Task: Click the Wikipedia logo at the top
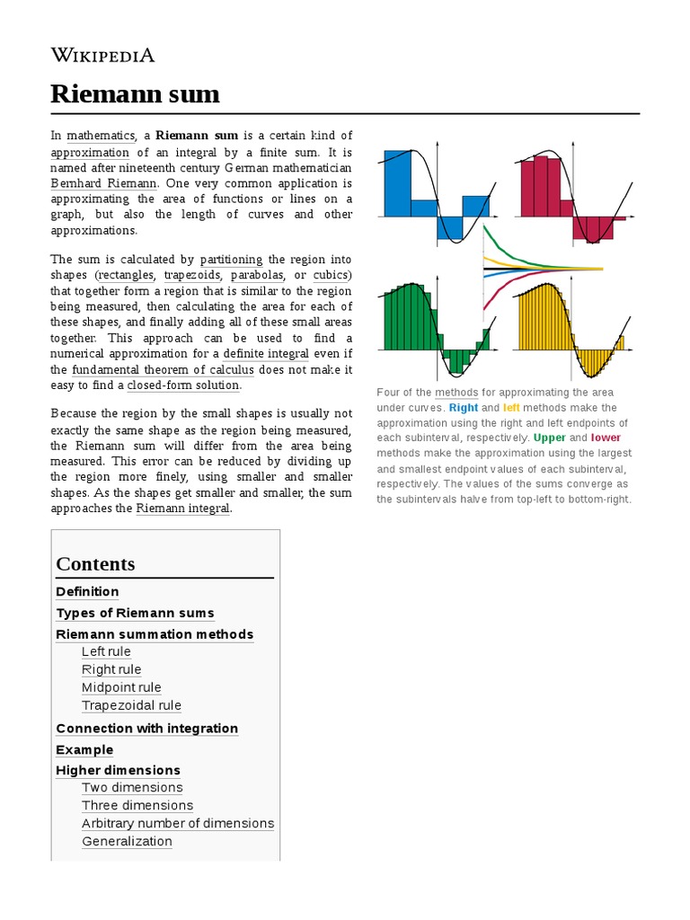pyautogui.click(x=102, y=56)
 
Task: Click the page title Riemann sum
pyautogui.click(x=135, y=93)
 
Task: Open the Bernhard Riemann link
pyautogui.click(x=99, y=183)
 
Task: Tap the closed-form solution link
pyautogui.click(x=183, y=385)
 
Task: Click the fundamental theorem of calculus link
pyautogui.click(x=164, y=369)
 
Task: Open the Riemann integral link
pyautogui.click(x=183, y=509)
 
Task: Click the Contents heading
pyautogui.click(x=95, y=564)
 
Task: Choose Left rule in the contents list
pyautogui.click(x=106, y=651)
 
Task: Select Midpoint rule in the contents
pyautogui.click(x=121, y=687)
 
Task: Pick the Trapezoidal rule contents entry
pyautogui.click(x=131, y=705)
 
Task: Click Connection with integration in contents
pyautogui.click(x=146, y=728)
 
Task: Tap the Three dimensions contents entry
pyautogui.click(x=137, y=805)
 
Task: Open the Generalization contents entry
pyautogui.click(x=127, y=841)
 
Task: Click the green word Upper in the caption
pyautogui.click(x=550, y=438)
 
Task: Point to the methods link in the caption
pyautogui.click(x=457, y=393)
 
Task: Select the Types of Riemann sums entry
pyautogui.click(x=135, y=613)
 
